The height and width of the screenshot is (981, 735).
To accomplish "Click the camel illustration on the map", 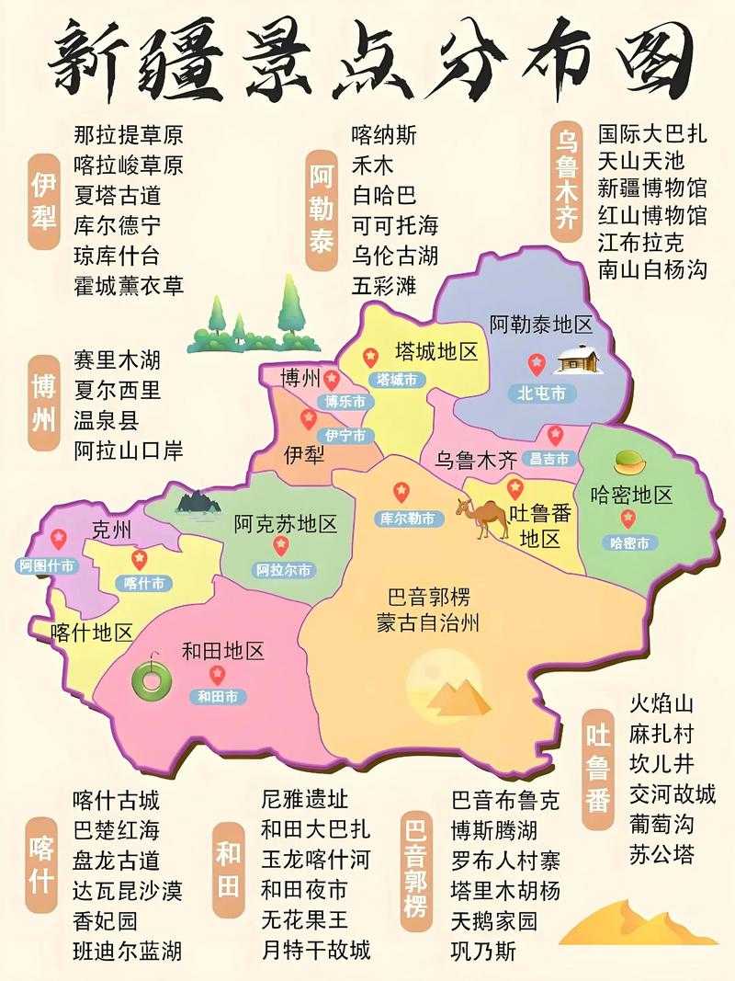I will pos(481,519).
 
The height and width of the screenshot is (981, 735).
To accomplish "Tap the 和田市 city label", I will pos(218,697).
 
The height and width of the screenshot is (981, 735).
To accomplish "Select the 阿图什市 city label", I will pos(46,566).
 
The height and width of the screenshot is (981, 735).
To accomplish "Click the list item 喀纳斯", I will pos(384,135).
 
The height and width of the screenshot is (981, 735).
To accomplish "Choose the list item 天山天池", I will pos(641,162).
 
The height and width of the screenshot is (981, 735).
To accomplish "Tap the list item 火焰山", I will pos(661,704).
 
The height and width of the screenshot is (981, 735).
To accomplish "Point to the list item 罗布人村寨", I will pos(504,861).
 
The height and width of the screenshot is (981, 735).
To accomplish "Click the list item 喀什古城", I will pos(117,799).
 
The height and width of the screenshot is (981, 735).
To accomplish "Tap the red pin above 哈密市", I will pos(628,518).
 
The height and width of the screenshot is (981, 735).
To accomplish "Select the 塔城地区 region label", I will pos(436,352).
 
